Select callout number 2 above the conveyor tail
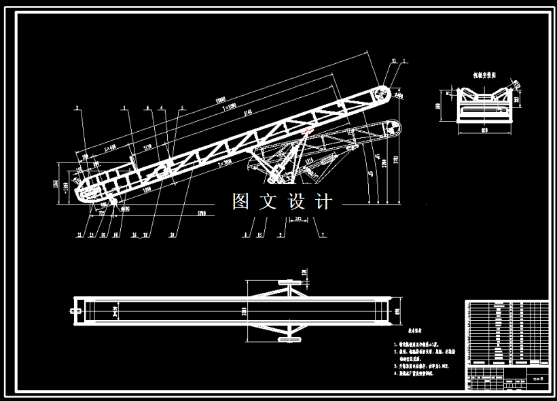[77, 107]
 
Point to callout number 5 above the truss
[182, 107]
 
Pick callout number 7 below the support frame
[323, 235]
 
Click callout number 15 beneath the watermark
[260, 235]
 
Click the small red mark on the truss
[308, 130]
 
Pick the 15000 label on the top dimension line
[219, 101]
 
